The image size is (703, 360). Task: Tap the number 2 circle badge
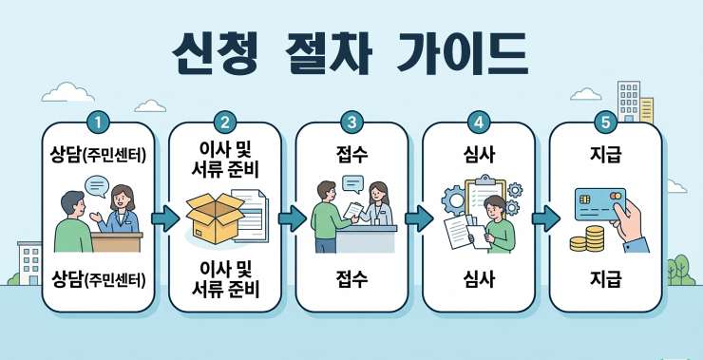225,122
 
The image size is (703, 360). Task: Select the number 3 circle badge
352,122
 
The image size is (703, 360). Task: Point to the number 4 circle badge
479,122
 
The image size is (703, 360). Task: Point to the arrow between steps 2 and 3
288,218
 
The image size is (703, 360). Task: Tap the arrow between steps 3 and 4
415,218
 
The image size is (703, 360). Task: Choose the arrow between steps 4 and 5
542,218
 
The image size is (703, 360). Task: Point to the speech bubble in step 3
352,182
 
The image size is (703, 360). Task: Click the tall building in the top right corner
629,100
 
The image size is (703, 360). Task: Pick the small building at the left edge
29,260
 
